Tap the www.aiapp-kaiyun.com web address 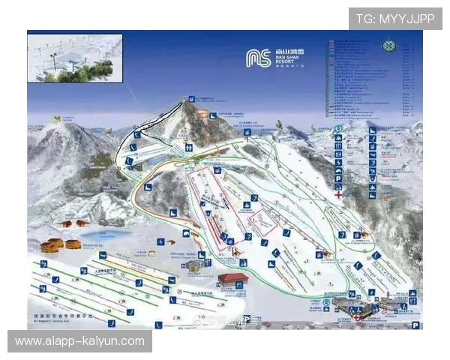[79, 341]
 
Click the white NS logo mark [259, 58]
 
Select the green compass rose [388, 46]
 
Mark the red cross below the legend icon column [339, 195]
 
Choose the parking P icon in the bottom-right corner [415, 325]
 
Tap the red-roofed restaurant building [232, 280]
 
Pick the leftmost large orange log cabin [51, 246]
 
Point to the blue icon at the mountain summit [193, 98]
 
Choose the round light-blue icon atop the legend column [339, 128]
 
